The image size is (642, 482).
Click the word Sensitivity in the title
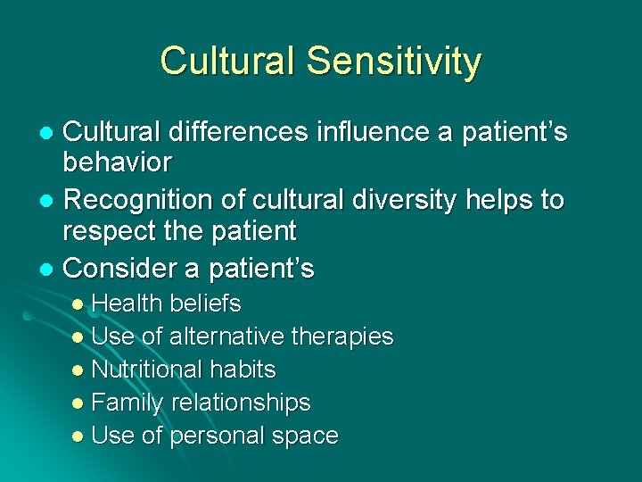[x=393, y=62]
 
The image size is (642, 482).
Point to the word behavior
[x=117, y=164]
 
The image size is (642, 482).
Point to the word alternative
[x=225, y=337]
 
